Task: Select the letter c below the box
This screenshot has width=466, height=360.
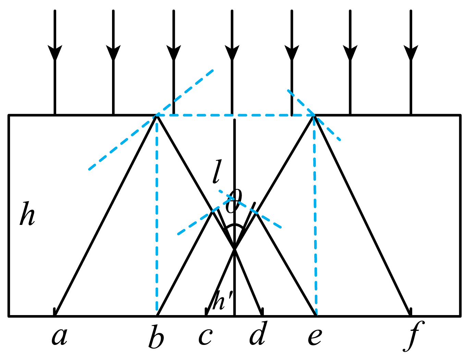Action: [x=205, y=337]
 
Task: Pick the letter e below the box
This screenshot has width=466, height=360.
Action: [x=315, y=337]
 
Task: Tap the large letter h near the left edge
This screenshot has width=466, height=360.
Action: [x=27, y=214]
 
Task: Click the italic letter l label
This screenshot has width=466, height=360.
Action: [x=217, y=171]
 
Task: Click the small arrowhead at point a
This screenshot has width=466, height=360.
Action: [x=55, y=312]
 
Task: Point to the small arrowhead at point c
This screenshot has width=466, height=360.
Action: [x=206, y=312]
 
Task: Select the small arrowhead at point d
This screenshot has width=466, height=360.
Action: [x=262, y=312]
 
